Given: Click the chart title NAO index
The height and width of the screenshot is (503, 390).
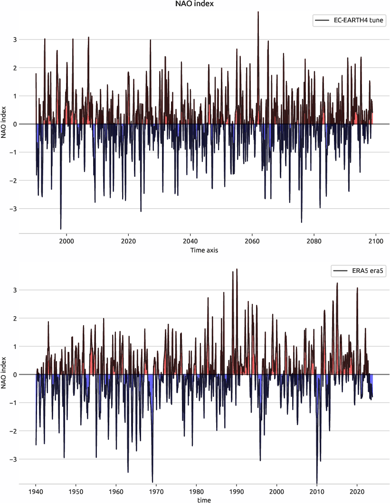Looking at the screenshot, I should tap(195, 4).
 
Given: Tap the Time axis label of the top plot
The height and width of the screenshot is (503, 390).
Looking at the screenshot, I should tap(204, 250).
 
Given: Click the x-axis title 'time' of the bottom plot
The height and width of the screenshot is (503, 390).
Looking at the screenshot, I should tap(204, 500).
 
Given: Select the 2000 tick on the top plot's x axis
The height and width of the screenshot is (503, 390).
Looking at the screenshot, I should tap(67, 241).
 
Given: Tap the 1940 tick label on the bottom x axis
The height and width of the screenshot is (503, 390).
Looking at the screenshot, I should tap(36, 491).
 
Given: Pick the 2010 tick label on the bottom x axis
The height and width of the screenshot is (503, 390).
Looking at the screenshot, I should tap(317, 491).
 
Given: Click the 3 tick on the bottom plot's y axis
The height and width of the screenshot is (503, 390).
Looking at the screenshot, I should tap(14, 290).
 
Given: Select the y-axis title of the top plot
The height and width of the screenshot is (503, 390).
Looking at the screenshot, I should tap(4, 124).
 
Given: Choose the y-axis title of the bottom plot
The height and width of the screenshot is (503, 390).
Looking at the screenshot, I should tap(4, 374).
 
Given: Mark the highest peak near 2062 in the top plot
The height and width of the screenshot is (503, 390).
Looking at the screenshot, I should tap(258, 12).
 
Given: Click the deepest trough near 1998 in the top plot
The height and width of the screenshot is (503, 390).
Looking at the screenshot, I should tap(60, 229).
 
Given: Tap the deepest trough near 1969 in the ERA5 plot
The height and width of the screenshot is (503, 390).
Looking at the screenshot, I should tap(152, 482).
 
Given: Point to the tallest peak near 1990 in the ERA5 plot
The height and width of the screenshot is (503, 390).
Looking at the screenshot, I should tap(237, 269).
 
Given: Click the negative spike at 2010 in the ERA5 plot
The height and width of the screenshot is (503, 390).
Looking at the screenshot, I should tap(317, 482).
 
